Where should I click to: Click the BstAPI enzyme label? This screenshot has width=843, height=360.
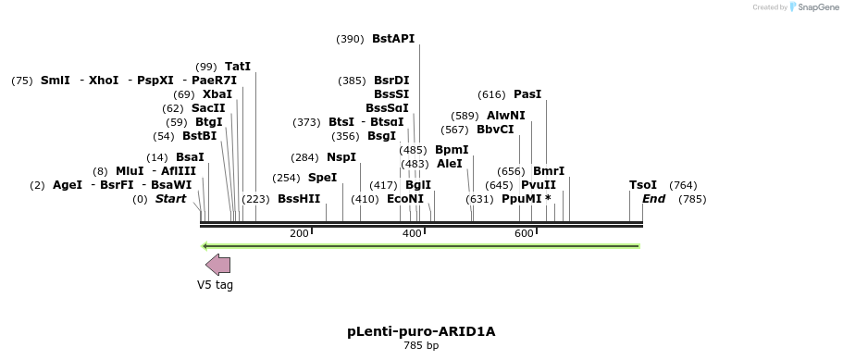coord(393,39)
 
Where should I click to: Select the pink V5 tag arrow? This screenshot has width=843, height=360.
coord(218,265)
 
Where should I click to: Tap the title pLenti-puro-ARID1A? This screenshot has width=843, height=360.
coord(421,330)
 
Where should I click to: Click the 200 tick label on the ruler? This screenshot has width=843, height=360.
coord(299,233)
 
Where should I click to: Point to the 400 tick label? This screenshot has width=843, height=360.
coord(412,233)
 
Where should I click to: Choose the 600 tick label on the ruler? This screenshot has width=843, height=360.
coord(524,233)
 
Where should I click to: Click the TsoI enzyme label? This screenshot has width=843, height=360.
coord(643,185)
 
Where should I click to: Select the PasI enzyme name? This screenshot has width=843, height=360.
coord(527,94)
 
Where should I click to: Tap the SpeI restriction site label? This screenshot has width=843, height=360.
coord(322,178)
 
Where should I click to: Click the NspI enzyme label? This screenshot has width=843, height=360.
coord(341,157)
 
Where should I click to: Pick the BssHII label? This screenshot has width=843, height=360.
coord(299,199)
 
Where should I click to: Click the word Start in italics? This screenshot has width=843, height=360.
coord(170,199)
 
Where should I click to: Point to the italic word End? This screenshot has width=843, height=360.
coord(654,199)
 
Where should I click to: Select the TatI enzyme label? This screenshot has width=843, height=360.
coord(238,67)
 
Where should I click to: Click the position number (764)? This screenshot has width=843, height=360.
coord(683,185)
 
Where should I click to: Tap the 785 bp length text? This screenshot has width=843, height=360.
coord(421,346)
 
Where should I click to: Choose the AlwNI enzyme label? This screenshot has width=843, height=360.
coord(505,116)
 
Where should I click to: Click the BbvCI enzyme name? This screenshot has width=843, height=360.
coord(495,130)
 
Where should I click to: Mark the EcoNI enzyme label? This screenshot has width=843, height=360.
coord(405,199)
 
